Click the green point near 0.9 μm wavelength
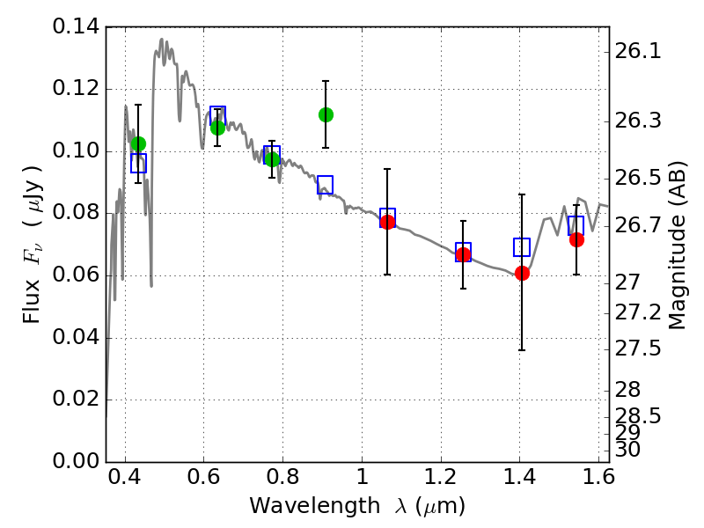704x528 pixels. click(326, 115)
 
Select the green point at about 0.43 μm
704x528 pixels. click(139, 143)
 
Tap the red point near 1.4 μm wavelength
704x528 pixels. click(522, 273)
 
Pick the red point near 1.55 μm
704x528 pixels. click(577, 240)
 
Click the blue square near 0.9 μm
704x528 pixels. click(325, 185)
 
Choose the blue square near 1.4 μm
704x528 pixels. click(522, 247)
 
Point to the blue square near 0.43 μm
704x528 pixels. click(139, 163)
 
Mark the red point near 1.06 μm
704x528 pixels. click(387, 222)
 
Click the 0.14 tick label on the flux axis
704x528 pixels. click(76, 27)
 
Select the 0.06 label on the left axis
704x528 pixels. click(76, 275)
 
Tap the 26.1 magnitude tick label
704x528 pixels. click(637, 52)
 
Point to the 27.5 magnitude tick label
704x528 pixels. click(637, 348)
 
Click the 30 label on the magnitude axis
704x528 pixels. click(627, 449)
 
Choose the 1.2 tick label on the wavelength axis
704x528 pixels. click(441, 477)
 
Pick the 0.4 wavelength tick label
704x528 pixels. click(124, 477)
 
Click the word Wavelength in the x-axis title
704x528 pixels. click(315, 506)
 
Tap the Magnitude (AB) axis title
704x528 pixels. click(677, 246)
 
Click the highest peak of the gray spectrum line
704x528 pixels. click(162, 40)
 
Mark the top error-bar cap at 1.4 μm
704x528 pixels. click(522, 194)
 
